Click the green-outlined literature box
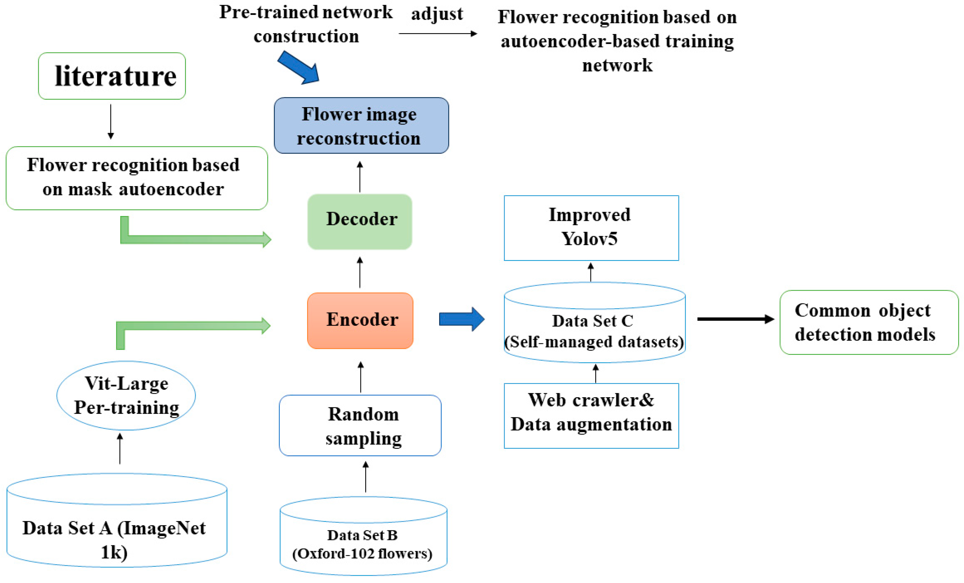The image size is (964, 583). point(112,76)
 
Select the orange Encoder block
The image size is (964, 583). point(360,320)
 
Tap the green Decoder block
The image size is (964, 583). point(360,222)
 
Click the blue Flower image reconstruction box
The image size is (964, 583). point(361,125)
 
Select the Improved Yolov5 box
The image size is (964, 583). point(591,228)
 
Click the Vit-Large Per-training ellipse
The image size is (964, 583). point(126,395)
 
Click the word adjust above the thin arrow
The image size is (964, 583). point(437,14)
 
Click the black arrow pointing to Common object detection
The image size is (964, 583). point(735,319)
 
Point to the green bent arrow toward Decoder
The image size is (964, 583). point(188,238)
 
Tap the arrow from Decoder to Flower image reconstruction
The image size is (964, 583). point(360,177)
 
